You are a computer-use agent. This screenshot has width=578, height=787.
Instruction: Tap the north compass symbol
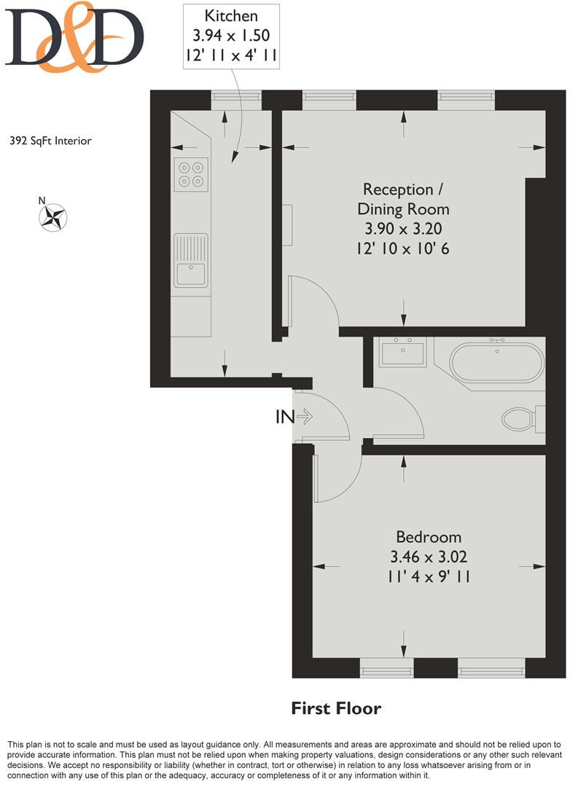[53, 215]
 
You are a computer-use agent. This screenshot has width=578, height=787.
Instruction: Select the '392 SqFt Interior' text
[51, 141]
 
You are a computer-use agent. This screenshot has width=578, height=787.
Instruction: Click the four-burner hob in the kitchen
[191, 173]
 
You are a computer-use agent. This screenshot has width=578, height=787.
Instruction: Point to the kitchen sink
[191, 260]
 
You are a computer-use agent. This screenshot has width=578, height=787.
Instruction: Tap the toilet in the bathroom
[519, 419]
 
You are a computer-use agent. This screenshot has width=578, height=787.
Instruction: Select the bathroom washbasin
[402, 353]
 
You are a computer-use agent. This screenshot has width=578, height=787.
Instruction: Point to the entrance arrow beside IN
[305, 418]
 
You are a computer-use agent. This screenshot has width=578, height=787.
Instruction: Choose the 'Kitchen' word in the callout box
[230, 15]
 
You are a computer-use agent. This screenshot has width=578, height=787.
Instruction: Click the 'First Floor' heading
[336, 708]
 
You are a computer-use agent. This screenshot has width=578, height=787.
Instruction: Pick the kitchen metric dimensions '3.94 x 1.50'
[230, 34]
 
